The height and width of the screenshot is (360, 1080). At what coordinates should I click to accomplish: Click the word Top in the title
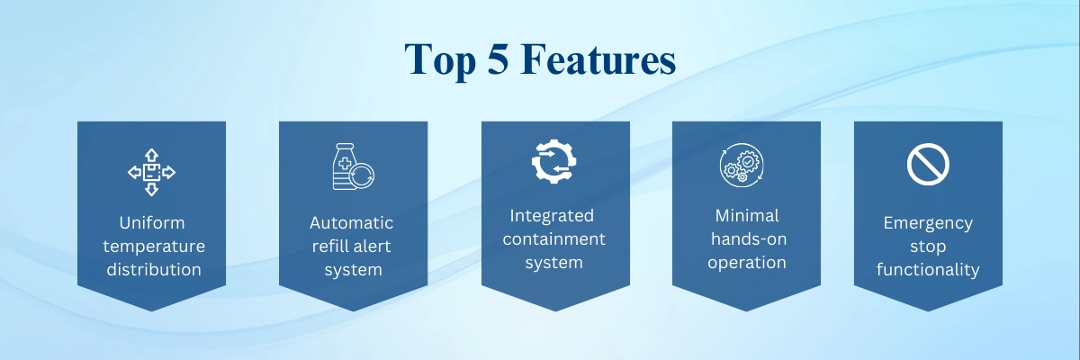(440, 60)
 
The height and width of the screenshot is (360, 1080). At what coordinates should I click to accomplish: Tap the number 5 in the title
(498, 58)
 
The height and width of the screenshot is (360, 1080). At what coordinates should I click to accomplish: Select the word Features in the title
(598, 58)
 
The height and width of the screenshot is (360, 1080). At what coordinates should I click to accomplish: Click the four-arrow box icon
(151, 172)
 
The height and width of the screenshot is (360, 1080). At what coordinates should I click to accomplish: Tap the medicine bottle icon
(354, 166)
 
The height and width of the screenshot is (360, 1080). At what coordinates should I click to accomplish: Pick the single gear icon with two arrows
(554, 161)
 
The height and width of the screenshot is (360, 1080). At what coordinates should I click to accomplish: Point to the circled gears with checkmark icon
(742, 165)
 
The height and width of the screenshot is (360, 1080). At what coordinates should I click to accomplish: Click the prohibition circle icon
(928, 165)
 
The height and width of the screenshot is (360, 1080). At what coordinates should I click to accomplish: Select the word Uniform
(152, 222)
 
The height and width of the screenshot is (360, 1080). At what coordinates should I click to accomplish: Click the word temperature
(154, 247)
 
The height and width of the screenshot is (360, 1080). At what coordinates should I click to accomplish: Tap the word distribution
(154, 269)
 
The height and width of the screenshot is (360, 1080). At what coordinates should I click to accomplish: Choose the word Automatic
(352, 222)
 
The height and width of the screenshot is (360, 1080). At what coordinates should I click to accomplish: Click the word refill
(328, 246)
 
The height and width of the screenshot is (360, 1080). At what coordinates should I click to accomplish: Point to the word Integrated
(552, 216)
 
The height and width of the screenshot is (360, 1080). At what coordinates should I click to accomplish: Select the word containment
(554, 239)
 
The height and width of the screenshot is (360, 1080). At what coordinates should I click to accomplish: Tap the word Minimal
(747, 215)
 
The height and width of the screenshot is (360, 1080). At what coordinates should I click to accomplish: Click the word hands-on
(749, 239)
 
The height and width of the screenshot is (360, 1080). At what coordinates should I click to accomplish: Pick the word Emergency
(928, 223)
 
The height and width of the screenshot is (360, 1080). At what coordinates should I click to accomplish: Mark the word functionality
(928, 270)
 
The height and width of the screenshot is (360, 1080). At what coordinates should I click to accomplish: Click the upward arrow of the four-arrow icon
(151, 155)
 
